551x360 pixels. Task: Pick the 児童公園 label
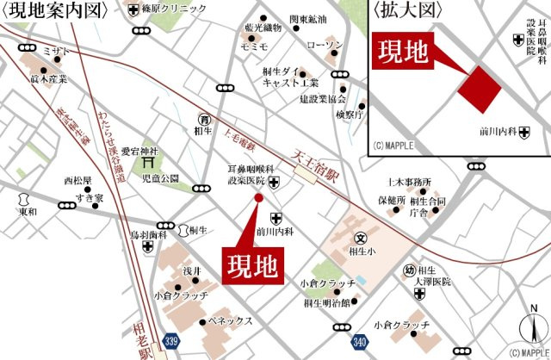[x=160, y=178]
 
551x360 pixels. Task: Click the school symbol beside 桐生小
[x=362, y=239]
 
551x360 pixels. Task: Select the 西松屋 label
[x=77, y=182]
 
